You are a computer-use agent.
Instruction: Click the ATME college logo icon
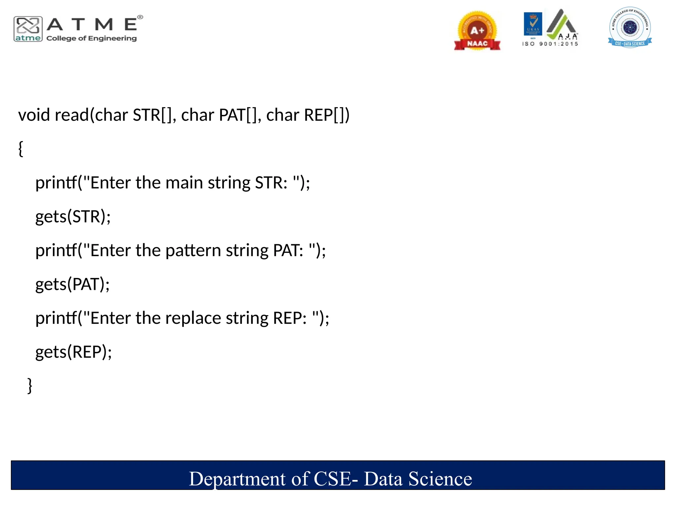pyautogui.click(x=28, y=29)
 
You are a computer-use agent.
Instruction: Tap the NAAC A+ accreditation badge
pyautogui.click(x=477, y=31)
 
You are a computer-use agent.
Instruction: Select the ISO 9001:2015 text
pyautogui.click(x=550, y=44)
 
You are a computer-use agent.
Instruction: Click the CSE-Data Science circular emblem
pyautogui.click(x=630, y=27)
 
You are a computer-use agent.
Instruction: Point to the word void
pyautogui.click(x=34, y=115)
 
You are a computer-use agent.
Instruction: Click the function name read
pyautogui.click(x=72, y=115)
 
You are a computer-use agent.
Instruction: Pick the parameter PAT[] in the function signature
pyautogui.click(x=238, y=115)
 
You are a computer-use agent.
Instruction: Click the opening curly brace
pyautogui.click(x=21, y=149)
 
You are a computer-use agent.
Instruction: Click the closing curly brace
pyautogui.click(x=30, y=385)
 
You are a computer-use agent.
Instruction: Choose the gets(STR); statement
pyautogui.click(x=73, y=217)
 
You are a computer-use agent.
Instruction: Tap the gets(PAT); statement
pyautogui.click(x=72, y=284)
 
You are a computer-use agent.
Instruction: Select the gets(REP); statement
pyautogui.click(x=74, y=352)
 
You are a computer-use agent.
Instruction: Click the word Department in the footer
pyautogui.click(x=237, y=479)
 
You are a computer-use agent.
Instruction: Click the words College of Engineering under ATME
pyautogui.click(x=91, y=38)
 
